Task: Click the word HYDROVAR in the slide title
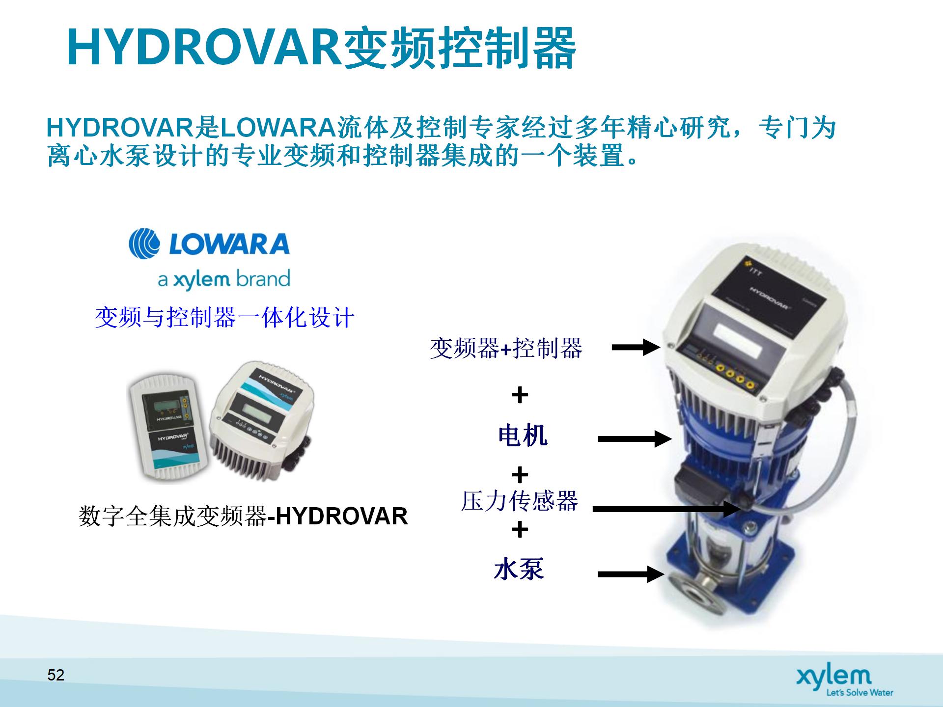coord(204,48)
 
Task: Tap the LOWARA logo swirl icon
coord(144,244)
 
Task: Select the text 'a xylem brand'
coord(224,279)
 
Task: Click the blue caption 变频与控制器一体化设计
coord(224,317)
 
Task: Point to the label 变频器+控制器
coord(506,349)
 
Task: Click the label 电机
coord(523,435)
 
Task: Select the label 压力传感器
coord(519,501)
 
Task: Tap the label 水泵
coord(519,569)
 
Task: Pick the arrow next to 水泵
coord(631,574)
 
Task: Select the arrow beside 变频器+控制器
coord(636,348)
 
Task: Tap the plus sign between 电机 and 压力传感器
coord(520,475)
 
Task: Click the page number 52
coord(56,675)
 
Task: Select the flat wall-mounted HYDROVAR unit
coord(168,427)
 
